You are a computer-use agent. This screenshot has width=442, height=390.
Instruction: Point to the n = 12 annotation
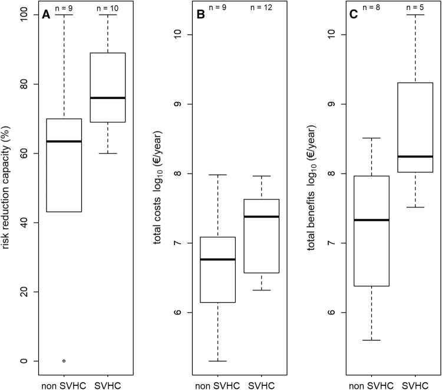click(261, 8)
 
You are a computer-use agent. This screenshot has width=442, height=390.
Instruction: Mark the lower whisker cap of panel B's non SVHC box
click(217, 361)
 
